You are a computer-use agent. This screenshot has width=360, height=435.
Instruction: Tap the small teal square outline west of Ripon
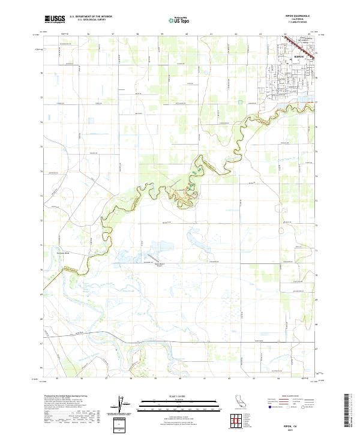[240, 101]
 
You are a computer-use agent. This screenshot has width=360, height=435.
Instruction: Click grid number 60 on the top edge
[187, 34]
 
